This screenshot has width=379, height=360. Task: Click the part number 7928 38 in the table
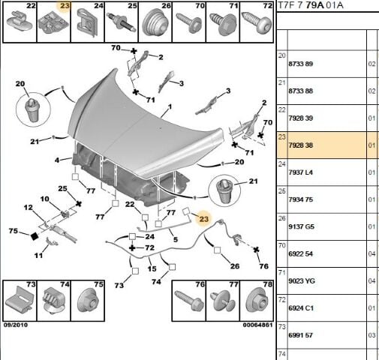pyautogui.click(x=300, y=145)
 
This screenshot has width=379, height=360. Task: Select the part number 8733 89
pyautogui.click(x=300, y=64)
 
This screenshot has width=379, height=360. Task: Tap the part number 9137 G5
pyautogui.click(x=300, y=226)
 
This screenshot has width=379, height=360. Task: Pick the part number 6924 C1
pyautogui.click(x=301, y=308)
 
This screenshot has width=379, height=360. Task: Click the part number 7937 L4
pyautogui.click(x=300, y=172)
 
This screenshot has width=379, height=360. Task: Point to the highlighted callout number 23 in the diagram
pyautogui.click(x=204, y=219)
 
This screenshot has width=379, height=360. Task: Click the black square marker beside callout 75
pyautogui.click(x=35, y=236)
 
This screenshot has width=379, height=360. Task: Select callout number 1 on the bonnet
pyautogui.click(x=170, y=107)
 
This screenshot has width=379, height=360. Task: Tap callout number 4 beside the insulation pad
pyautogui.click(x=57, y=160)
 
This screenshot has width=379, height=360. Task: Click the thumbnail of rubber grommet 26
pyautogui.click(x=155, y=23)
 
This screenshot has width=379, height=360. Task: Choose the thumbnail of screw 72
pyautogui.click(x=257, y=23)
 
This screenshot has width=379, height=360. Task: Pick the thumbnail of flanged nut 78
pyautogui.click(x=257, y=301)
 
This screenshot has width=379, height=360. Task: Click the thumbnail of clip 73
pyautogui.click(x=20, y=301)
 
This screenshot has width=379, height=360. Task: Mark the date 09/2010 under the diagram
pyautogui.click(x=16, y=325)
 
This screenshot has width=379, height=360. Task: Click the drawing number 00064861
pyautogui.click(x=257, y=325)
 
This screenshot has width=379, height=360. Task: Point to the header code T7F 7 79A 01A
pyautogui.click(x=311, y=5)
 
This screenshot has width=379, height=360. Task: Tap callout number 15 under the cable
pyautogui.click(x=152, y=269)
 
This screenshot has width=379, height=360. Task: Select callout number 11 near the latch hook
pyautogui.click(x=38, y=256)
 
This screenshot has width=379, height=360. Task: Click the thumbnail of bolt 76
pyautogui.click(x=189, y=301)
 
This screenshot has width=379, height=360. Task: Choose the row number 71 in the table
pyautogui.click(x=282, y=272)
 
